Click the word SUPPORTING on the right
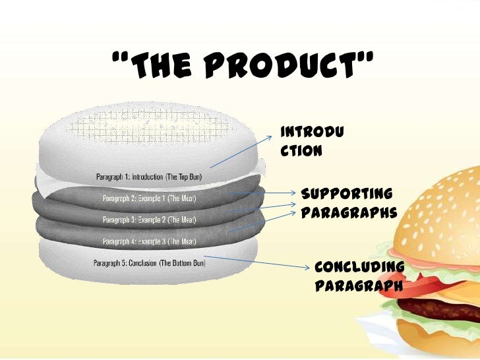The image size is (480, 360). coord(347,194)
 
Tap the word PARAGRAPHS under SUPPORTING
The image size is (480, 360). coord(348,214)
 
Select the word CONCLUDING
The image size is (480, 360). coord(359,266)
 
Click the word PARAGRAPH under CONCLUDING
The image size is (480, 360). coord(359,287)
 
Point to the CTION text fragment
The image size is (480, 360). coord(302,150)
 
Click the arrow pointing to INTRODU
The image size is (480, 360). coord(241,152)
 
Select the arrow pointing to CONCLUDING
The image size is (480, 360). coord(257,262)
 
